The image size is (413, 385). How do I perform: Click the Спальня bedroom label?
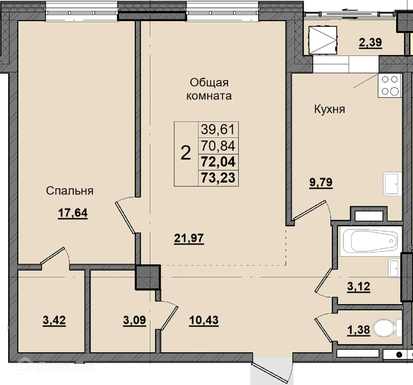(x=70, y=191)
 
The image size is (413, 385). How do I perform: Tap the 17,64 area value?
(x=73, y=213)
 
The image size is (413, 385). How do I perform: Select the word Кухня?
(x=329, y=109)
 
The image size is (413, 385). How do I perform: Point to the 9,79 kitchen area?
(x=321, y=182)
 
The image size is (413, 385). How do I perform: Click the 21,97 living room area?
(x=189, y=238)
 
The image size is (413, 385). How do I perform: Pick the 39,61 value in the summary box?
(x=218, y=129)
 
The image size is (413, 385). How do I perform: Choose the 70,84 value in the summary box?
(x=218, y=146)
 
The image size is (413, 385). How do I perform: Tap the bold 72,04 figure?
(x=218, y=162)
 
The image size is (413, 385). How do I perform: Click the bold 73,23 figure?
(x=218, y=178)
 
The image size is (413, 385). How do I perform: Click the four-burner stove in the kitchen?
(x=390, y=85)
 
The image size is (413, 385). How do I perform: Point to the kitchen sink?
(x=392, y=184)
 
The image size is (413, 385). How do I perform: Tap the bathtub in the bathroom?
(x=371, y=241)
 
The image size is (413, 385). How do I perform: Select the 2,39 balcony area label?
(x=370, y=43)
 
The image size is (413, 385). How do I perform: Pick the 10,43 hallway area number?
(x=204, y=320)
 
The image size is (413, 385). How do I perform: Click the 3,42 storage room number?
(x=54, y=320)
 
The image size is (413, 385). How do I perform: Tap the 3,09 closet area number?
(x=134, y=320)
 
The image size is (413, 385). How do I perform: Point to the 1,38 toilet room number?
(x=359, y=330)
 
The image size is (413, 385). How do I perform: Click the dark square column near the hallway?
(x=148, y=277)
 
